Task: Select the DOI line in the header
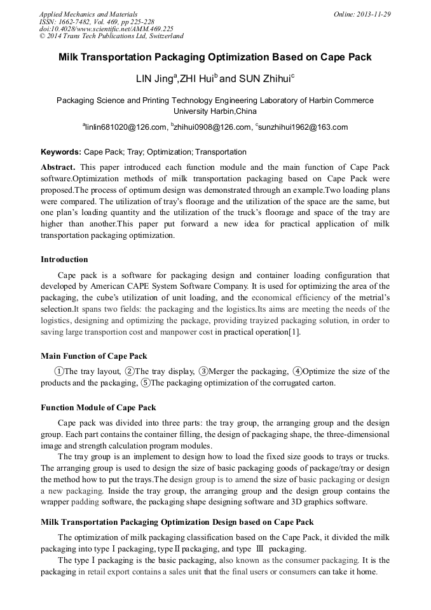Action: (x=106, y=29)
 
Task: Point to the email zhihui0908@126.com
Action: (x=212, y=127)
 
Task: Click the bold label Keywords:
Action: (x=61, y=153)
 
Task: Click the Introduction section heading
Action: (x=64, y=260)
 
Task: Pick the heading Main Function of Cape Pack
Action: (x=94, y=356)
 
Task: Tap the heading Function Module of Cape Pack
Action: (x=99, y=408)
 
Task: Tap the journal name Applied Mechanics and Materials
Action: (x=88, y=14)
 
